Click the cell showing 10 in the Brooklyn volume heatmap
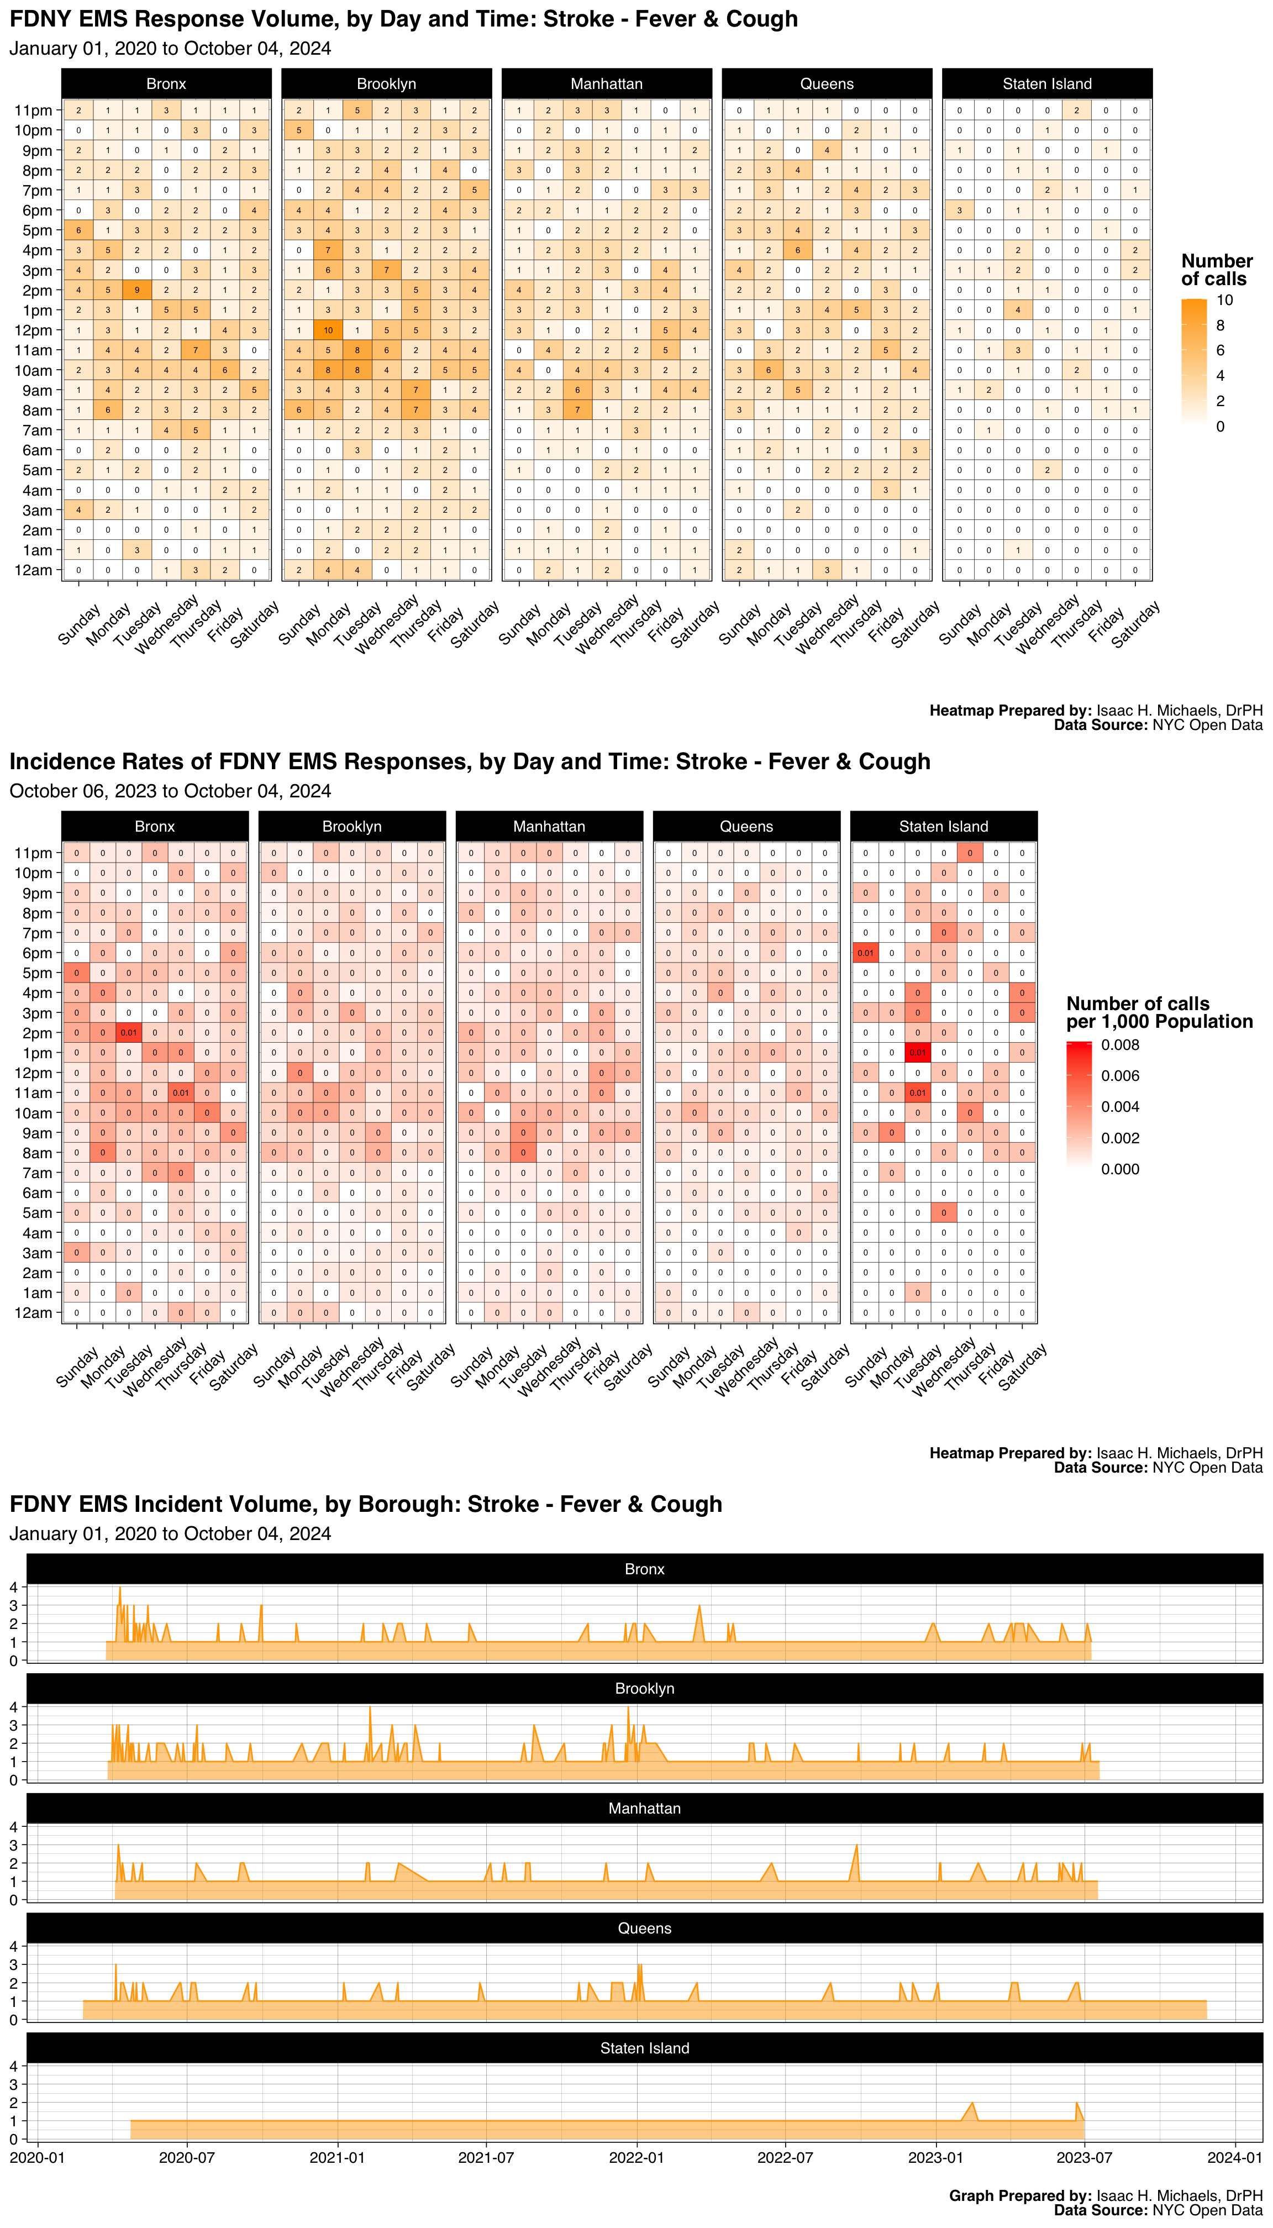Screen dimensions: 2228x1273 coord(328,330)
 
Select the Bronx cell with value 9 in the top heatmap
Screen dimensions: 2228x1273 coord(136,290)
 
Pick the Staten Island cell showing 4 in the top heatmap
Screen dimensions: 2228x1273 coord(1018,311)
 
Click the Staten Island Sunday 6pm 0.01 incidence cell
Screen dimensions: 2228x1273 coord(865,953)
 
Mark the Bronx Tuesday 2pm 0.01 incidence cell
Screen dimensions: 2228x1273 coord(129,1033)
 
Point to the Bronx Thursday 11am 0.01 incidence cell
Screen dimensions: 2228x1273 coord(181,1093)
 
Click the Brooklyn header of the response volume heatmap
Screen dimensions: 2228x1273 coord(386,84)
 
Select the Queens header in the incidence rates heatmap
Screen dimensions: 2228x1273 coord(746,826)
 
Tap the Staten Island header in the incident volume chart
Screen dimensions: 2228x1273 coord(644,2048)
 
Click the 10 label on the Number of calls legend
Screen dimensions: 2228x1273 coord(1224,301)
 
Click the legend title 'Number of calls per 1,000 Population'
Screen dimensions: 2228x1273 coord(1159,1012)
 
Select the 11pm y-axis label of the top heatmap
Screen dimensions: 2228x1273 coord(33,110)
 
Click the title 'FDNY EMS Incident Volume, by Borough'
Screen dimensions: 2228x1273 coord(365,1504)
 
